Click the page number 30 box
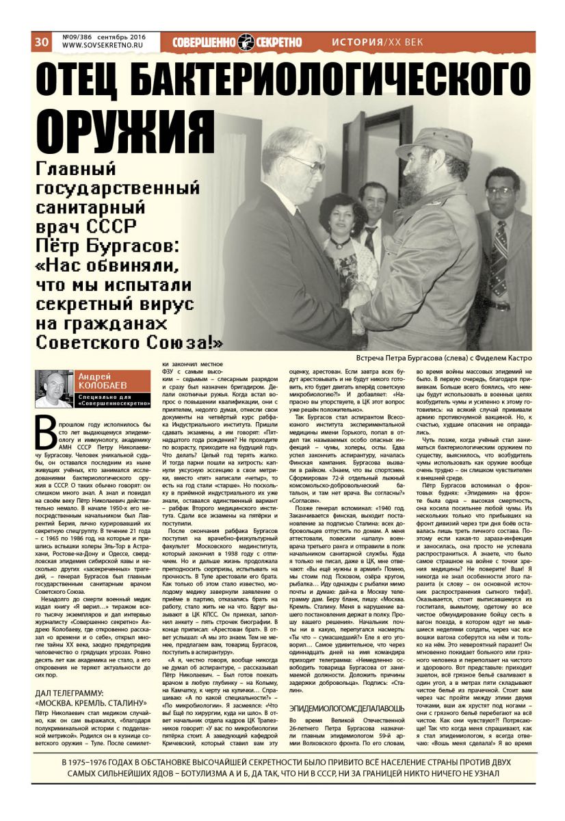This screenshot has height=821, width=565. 41,41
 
